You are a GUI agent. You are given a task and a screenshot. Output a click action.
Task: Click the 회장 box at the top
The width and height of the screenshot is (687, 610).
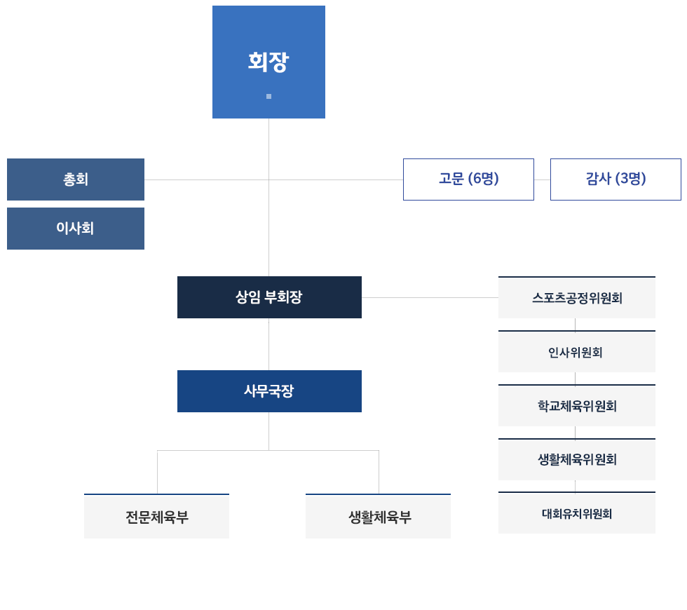click(x=268, y=62)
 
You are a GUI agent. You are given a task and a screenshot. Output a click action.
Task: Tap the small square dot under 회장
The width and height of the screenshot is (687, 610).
click(x=268, y=96)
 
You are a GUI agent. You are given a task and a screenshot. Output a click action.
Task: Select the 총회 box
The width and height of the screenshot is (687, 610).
click(x=76, y=179)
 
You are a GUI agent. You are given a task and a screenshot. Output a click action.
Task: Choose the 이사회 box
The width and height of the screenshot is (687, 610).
click(x=76, y=229)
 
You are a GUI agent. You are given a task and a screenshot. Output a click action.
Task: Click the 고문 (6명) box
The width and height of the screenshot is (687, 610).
click(x=468, y=179)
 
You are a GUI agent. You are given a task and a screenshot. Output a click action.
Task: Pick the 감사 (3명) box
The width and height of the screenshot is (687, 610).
click(x=615, y=179)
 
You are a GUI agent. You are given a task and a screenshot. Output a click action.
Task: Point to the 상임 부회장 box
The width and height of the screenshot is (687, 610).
click(x=268, y=297)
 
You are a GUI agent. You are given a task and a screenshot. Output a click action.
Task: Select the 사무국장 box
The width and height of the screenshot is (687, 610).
click(x=268, y=391)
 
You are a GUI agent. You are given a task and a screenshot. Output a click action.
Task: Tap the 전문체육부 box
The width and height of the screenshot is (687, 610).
click(x=157, y=517)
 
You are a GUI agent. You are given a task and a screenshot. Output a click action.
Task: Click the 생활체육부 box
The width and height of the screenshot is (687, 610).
click(x=379, y=517)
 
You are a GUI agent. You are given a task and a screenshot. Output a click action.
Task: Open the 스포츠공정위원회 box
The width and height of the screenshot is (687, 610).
click(x=576, y=298)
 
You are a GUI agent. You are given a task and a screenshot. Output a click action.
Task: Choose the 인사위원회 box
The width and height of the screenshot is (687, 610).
click(x=576, y=352)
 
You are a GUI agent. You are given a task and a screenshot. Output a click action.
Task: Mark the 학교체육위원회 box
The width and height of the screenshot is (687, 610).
click(x=576, y=406)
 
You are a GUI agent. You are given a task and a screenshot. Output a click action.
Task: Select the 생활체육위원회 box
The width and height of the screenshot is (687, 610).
click(x=576, y=460)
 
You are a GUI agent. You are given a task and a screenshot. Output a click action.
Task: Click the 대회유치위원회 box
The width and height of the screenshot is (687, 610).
click(x=576, y=514)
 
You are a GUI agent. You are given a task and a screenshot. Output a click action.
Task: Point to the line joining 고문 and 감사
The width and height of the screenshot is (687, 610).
click(x=542, y=179)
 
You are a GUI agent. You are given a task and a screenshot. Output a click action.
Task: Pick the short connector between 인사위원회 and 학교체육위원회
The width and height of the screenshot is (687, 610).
click(x=575, y=378)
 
